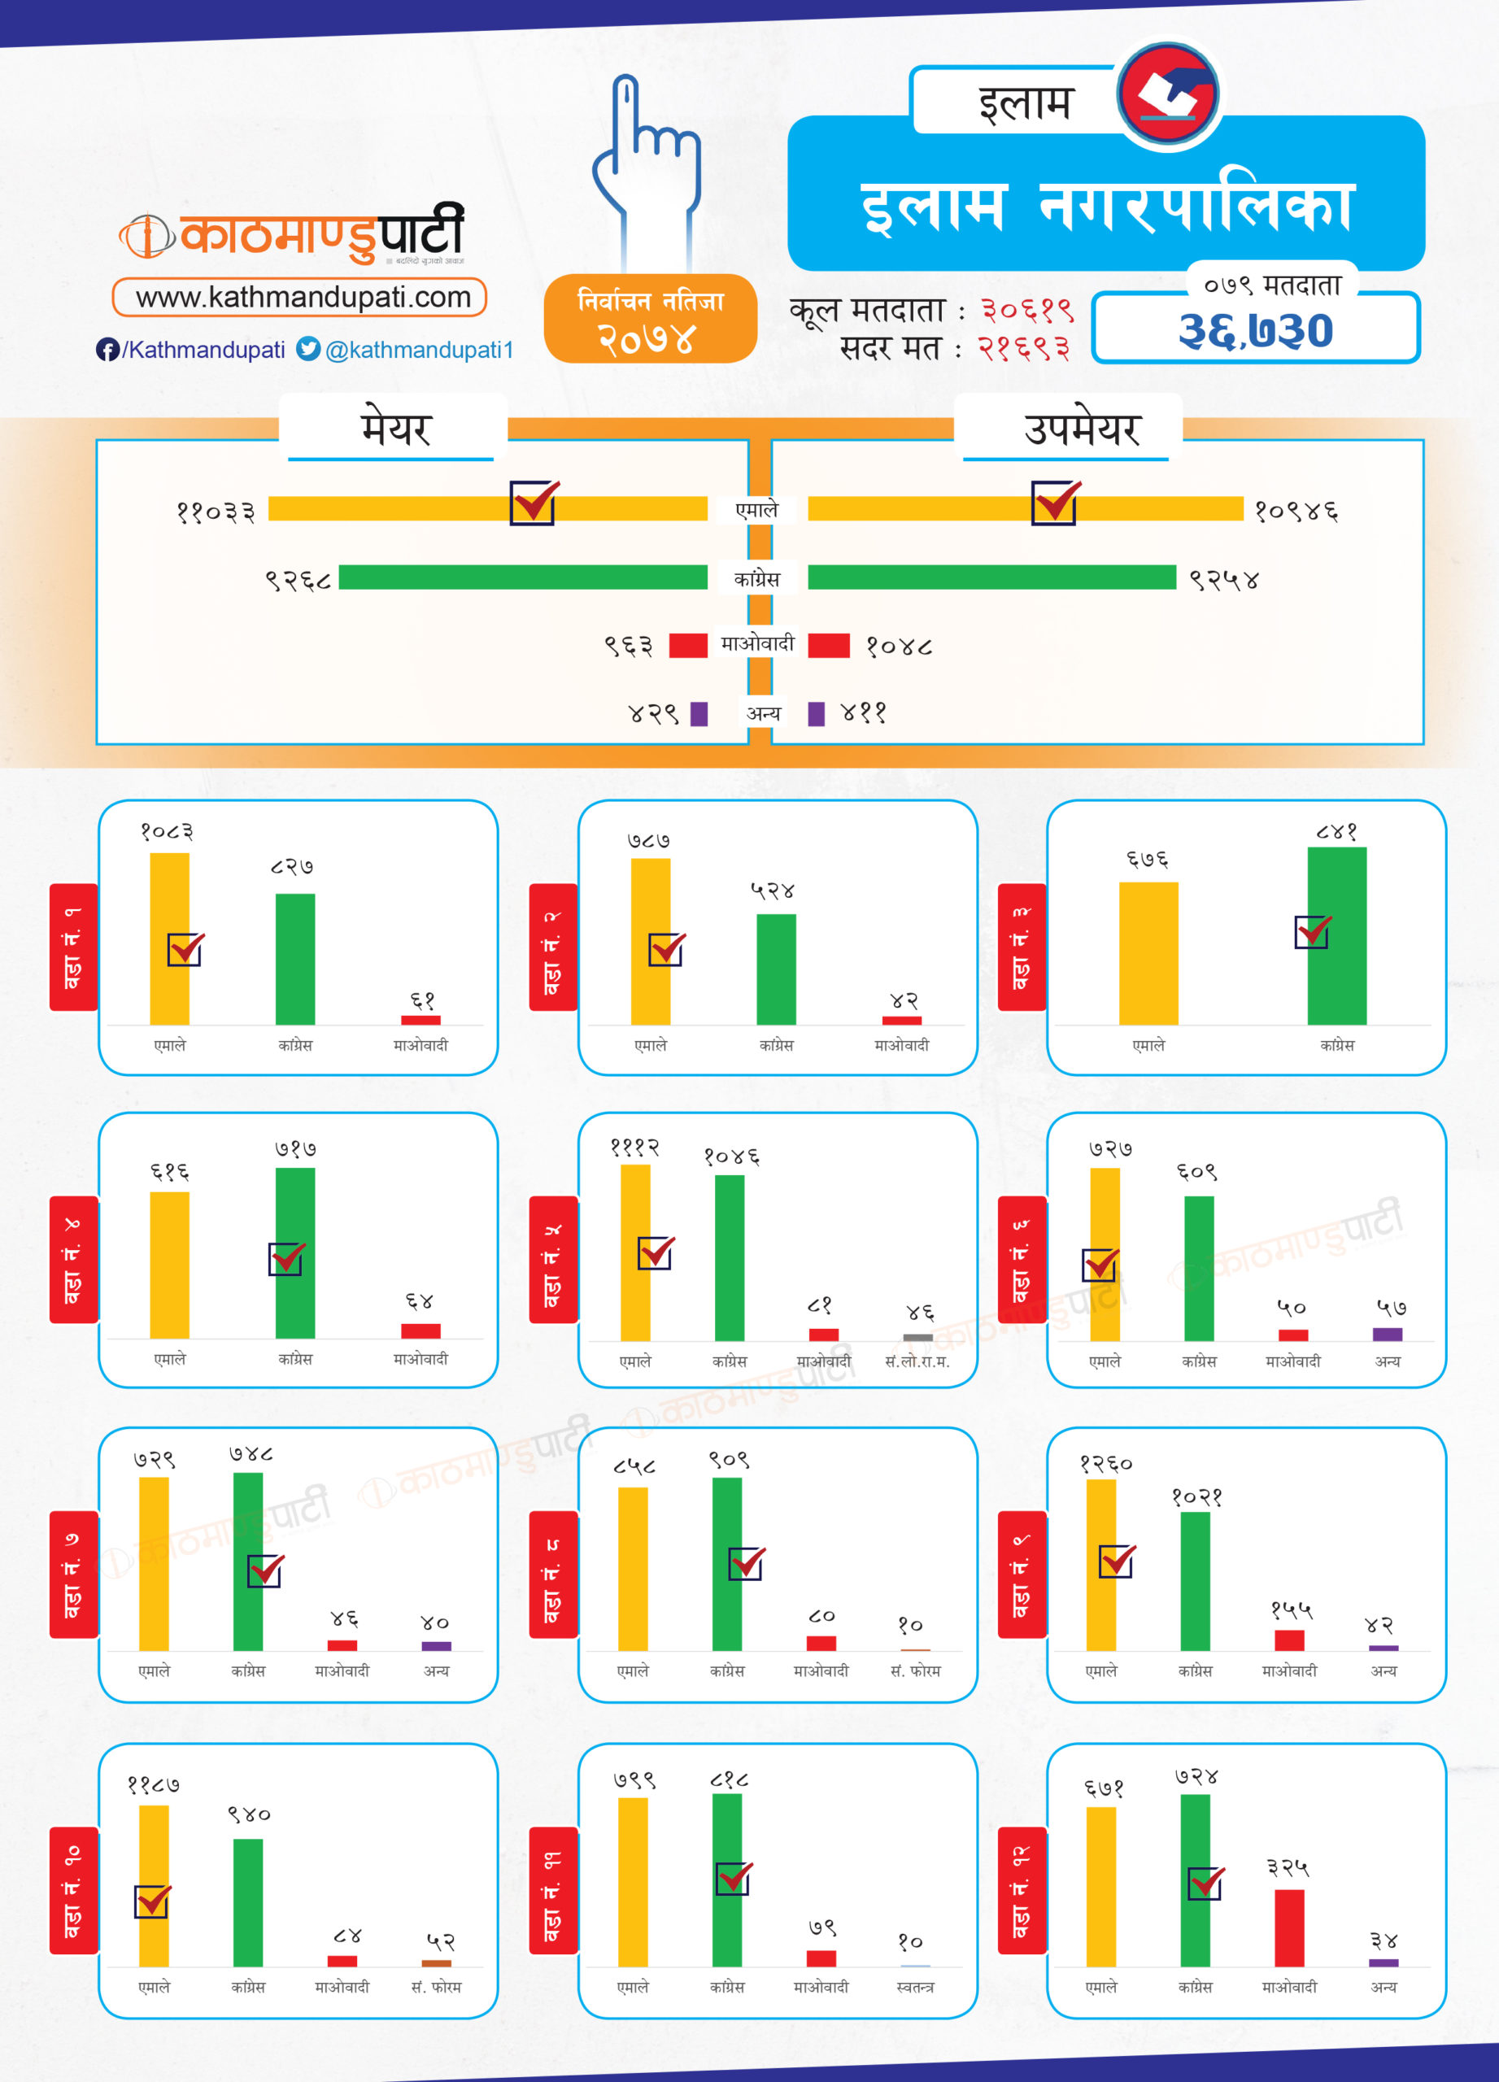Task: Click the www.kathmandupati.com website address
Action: pyautogui.click(x=302, y=298)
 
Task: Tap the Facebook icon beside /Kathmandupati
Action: pyautogui.click(x=107, y=350)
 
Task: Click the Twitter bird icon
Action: pyautogui.click(x=308, y=349)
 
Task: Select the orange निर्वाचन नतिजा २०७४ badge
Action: pyautogui.click(x=650, y=319)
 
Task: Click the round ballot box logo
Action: pyautogui.click(x=1169, y=94)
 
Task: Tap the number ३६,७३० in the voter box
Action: pyautogui.click(x=1255, y=331)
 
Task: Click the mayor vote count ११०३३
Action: pyautogui.click(x=216, y=512)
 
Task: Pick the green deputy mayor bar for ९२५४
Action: pyautogui.click(x=991, y=577)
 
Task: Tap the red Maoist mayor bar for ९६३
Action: pyautogui.click(x=687, y=646)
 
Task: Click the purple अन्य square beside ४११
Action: pyautogui.click(x=816, y=713)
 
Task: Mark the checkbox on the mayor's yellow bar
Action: pyautogui.click(x=534, y=503)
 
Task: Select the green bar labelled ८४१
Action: pyautogui.click(x=1336, y=935)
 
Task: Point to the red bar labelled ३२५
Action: pyautogui.click(x=1289, y=1927)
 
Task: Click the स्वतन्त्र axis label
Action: pyautogui.click(x=915, y=1987)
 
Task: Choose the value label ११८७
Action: pyautogui.click(x=153, y=1785)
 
